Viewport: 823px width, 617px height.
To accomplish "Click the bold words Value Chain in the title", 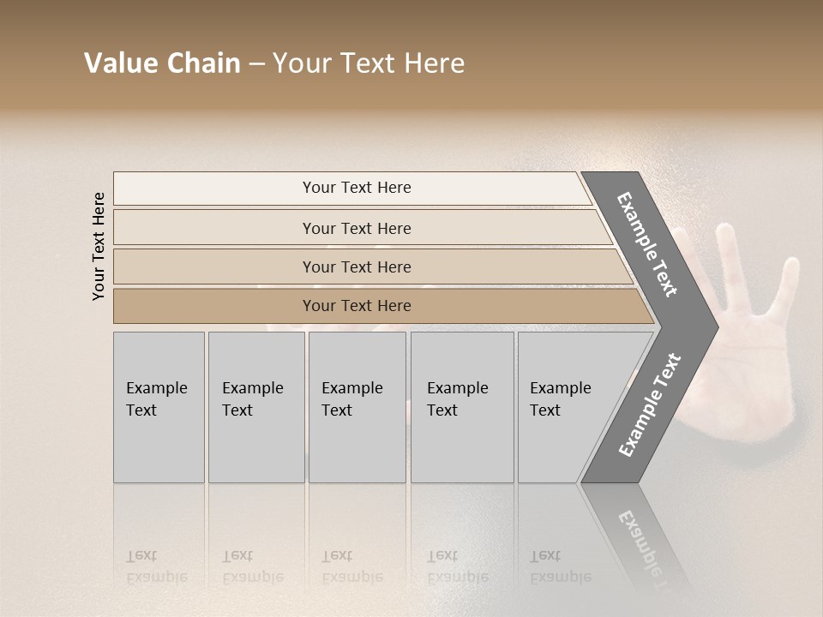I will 162,63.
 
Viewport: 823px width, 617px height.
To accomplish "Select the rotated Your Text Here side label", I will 99,246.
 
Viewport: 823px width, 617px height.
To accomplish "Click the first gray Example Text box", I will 159,407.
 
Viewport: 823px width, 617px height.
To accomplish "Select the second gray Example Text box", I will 256,407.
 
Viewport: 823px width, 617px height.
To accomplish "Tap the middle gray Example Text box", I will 357,407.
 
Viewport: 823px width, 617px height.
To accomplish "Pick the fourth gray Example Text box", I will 462,407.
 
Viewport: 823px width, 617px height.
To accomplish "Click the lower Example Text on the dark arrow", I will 650,404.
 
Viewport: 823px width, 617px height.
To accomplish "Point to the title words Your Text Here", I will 369,63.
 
